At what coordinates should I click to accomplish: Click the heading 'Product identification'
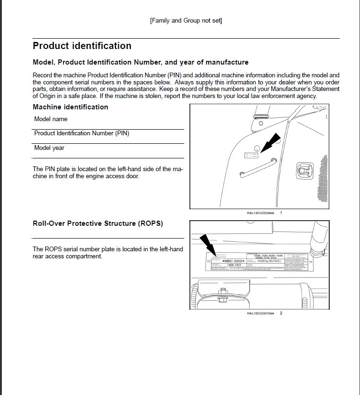[x=82, y=46]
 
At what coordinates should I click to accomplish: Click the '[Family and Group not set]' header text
[x=186, y=21]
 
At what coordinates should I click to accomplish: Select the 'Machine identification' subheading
[x=70, y=107]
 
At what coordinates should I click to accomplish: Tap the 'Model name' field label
[x=51, y=119]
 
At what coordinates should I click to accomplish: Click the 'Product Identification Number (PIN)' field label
[x=82, y=133]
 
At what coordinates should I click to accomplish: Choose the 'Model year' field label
[x=49, y=148]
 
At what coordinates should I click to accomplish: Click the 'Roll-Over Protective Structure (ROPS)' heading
[x=98, y=223]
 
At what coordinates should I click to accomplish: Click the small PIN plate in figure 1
[x=250, y=155]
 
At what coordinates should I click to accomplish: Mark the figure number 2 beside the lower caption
[x=281, y=313]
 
